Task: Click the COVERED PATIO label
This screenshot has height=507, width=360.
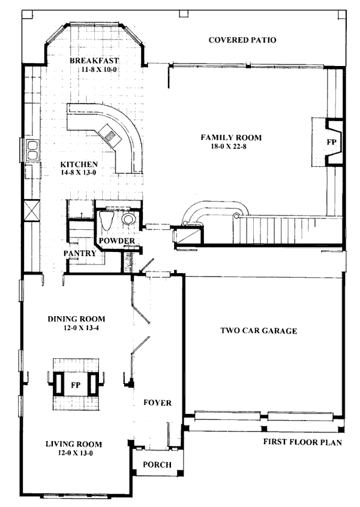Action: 242,40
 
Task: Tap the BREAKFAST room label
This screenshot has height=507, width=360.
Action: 94,61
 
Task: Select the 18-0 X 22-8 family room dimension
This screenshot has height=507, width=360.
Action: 229,146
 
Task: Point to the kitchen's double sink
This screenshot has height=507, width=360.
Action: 32,151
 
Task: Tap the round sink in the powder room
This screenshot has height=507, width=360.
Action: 128,219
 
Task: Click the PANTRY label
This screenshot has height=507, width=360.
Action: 80,253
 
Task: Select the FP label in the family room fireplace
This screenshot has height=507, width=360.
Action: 332,142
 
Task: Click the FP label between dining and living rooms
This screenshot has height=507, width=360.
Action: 76,385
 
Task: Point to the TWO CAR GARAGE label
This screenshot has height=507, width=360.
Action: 259,331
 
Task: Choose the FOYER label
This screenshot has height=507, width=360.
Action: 158,403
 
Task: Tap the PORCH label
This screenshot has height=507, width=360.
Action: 157,464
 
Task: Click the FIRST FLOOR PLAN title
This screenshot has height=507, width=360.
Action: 302,442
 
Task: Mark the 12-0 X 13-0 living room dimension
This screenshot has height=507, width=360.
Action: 76,454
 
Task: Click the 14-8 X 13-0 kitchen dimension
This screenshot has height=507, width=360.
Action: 78,173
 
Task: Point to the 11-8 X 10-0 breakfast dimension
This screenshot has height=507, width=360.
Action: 99,69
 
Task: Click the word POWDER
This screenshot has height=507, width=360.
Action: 117,241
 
